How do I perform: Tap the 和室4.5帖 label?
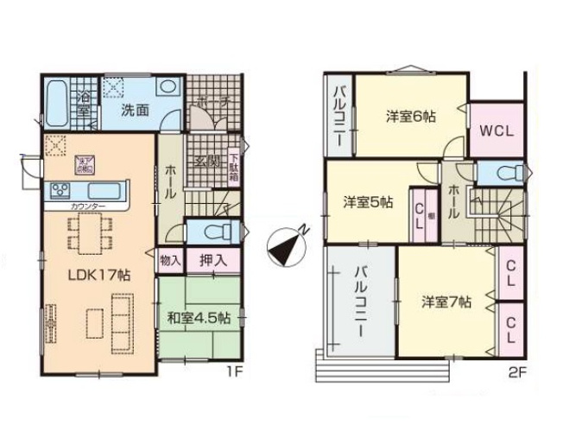pos(199,315)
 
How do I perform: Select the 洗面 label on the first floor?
pos(135,110)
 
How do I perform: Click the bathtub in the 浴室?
pos(59,102)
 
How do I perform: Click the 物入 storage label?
pos(169,259)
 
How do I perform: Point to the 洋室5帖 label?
pos(368,202)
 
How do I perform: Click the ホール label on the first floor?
pos(169,182)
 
